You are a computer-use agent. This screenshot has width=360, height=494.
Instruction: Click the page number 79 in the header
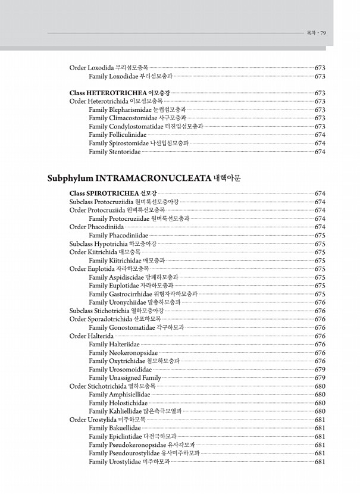(323, 33)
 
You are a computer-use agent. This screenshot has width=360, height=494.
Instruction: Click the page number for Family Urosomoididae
(320, 369)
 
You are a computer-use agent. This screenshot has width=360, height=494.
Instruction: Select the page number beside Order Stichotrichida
(320, 386)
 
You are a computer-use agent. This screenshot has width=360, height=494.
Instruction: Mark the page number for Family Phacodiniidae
(320, 235)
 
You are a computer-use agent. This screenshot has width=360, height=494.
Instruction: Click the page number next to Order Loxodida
(320, 68)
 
